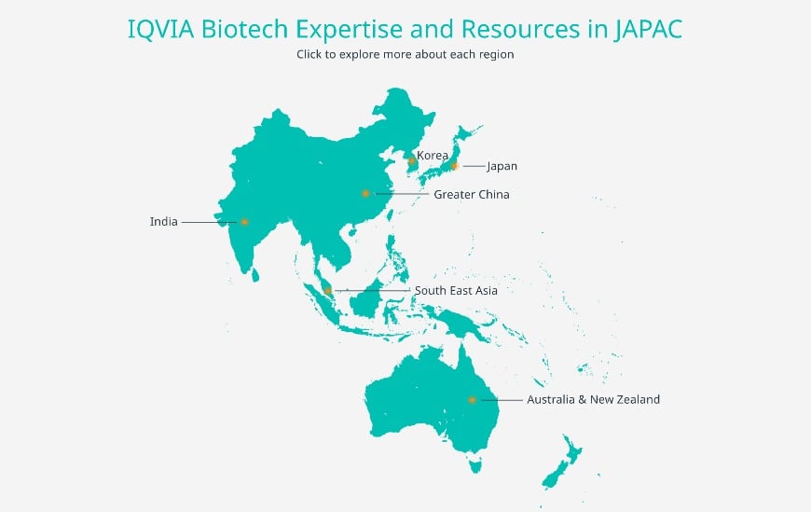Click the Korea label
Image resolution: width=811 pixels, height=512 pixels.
(433, 155)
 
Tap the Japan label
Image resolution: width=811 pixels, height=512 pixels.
(502, 166)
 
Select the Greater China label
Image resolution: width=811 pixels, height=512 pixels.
(471, 194)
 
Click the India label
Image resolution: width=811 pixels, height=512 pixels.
(163, 222)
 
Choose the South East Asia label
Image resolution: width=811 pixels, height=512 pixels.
(456, 290)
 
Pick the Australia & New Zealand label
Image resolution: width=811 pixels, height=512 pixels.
(593, 399)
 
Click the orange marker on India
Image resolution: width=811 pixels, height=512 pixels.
(244, 222)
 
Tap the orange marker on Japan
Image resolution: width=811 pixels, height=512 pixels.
(454, 166)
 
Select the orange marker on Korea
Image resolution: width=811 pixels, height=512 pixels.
(411, 161)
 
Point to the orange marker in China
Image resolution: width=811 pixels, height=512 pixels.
(365, 194)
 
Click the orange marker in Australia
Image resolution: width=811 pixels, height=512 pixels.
(472, 400)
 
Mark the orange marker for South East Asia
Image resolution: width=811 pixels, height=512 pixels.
(328, 291)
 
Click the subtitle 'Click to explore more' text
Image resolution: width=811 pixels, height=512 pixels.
(405, 54)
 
